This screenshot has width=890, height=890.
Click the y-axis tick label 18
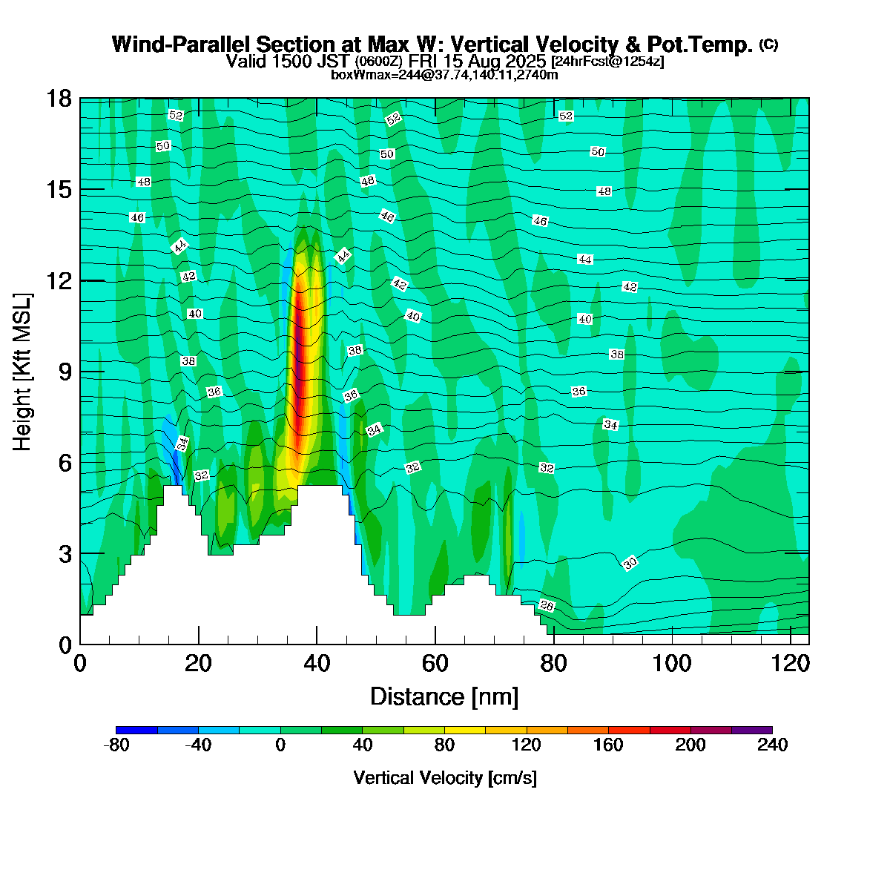tap(59, 99)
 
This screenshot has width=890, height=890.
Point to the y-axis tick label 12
tap(59, 280)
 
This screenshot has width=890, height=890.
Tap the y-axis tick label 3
tap(65, 554)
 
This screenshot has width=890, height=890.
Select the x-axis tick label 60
tap(435, 663)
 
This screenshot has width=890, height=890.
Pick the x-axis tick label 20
tap(198, 663)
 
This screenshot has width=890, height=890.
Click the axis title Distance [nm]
tap(444, 696)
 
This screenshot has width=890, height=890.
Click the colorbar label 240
tap(771, 745)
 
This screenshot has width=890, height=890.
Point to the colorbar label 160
tap(608, 745)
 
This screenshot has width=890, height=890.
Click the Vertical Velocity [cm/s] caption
tap(445, 778)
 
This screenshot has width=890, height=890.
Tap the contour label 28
tap(547, 605)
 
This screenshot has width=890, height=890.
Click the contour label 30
tap(630, 563)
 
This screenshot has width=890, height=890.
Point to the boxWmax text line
tap(444, 74)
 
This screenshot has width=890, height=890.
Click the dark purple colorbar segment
tap(752, 730)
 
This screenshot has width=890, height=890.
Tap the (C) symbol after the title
tap(768, 44)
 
